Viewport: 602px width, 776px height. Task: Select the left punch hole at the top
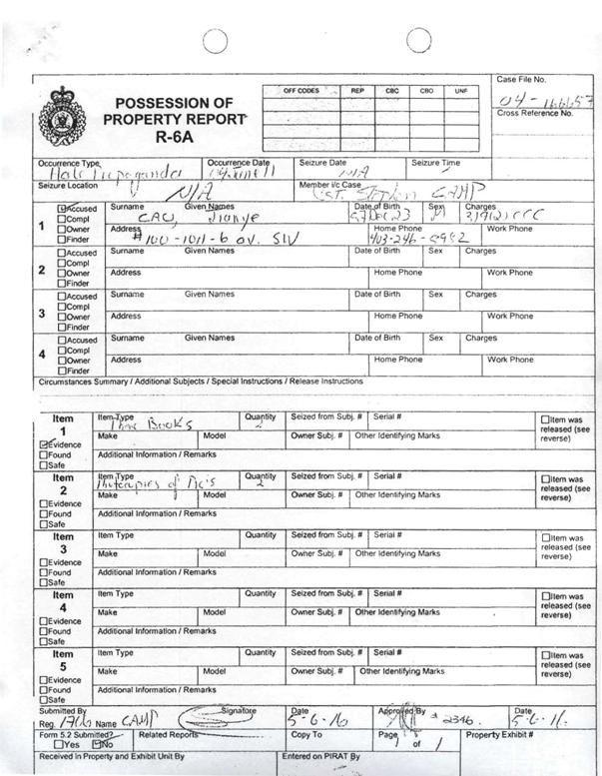tap(215, 40)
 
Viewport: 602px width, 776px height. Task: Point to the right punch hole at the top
tap(418, 40)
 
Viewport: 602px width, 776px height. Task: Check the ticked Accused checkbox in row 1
tap(62, 208)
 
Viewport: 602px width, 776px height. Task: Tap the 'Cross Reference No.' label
tap(535, 114)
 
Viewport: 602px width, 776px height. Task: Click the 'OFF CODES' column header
tap(301, 91)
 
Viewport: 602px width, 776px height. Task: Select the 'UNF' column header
tap(460, 91)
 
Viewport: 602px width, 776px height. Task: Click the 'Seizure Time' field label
tap(436, 163)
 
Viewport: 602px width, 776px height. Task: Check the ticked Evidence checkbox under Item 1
tap(44, 443)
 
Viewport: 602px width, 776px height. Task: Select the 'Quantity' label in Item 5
tap(260, 652)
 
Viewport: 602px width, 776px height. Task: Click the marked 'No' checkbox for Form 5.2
tap(97, 743)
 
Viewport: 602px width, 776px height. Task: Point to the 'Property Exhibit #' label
tap(499, 734)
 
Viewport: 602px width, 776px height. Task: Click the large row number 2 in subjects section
tap(42, 269)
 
